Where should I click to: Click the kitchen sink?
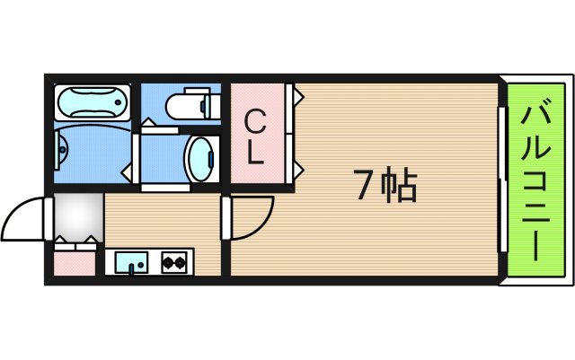(133, 263)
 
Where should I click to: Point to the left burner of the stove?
(167, 263)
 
